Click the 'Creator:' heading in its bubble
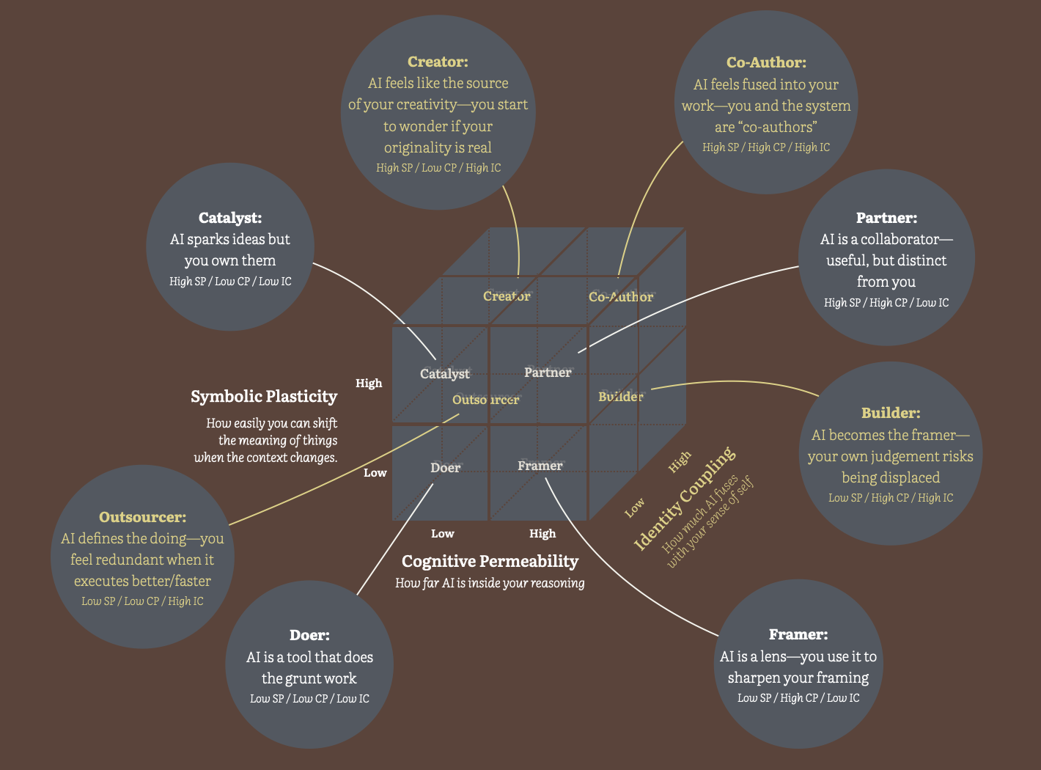[438, 62]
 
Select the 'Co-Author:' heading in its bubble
[766, 63]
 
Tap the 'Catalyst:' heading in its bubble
[230, 218]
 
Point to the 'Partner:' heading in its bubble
[886, 218]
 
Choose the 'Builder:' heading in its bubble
[891, 413]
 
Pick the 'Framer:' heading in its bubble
[798, 634]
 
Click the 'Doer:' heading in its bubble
[309, 635]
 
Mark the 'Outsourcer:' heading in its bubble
[142, 517]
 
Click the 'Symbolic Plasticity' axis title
[264, 397]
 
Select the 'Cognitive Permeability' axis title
[490, 562]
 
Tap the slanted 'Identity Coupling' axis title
[683, 499]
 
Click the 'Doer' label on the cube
[445, 468]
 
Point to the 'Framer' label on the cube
[540, 466]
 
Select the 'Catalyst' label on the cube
[445, 374]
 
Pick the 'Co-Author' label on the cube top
[620, 297]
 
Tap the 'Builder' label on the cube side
[620, 397]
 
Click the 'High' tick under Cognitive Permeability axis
[542, 534]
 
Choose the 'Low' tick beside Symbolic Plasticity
[375, 473]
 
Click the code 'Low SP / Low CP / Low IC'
[309, 699]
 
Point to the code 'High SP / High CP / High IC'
[766, 147]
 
